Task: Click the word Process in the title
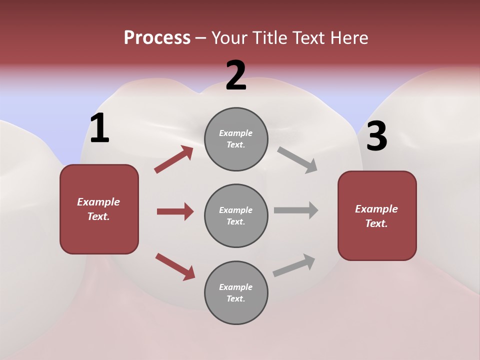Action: coord(157,38)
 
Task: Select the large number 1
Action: coord(99,128)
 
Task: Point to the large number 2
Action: coord(236,75)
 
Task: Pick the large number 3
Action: coord(376,136)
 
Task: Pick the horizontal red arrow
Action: coord(175,211)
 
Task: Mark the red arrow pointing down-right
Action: coord(175,266)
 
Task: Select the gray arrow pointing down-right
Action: coord(297,159)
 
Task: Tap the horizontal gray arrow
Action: coord(296,210)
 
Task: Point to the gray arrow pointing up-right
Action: coord(294,265)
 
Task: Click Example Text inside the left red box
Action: coord(98,209)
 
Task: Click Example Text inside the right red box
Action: coord(376,216)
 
